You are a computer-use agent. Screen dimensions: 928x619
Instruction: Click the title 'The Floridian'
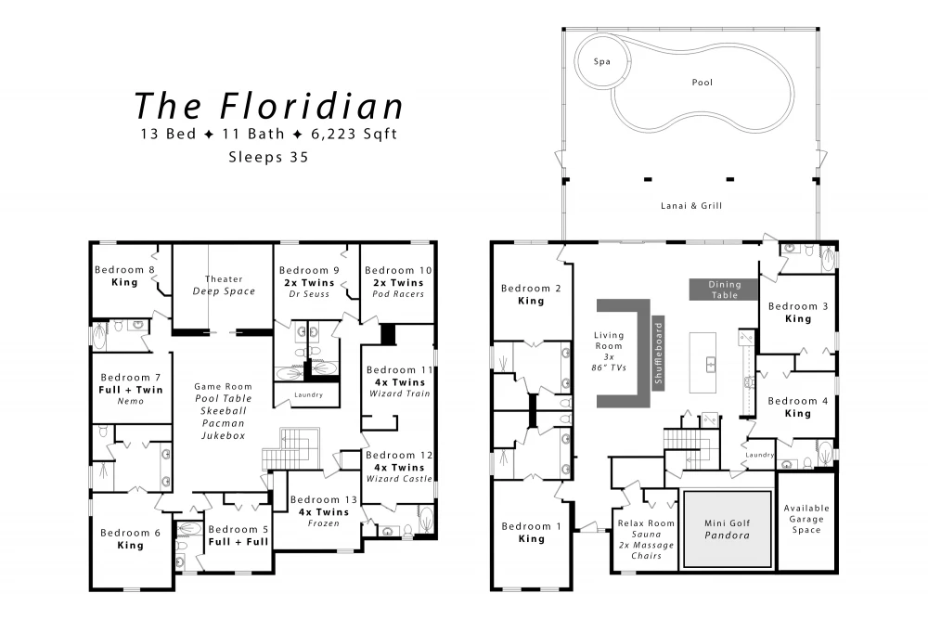(x=269, y=106)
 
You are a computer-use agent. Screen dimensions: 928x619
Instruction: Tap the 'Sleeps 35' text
(x=269, y=158)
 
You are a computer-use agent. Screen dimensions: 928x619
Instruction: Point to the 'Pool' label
(x=702, y=83)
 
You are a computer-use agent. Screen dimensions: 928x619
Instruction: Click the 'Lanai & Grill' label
(x=691, y=206)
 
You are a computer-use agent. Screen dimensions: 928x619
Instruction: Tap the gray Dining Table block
(x=724, y=290)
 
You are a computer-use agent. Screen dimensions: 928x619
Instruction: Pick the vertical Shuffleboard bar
(x=658, y=354)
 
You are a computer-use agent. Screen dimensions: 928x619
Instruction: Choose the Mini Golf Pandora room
(x=728, y=529)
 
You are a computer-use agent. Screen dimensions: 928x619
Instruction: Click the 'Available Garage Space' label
(x=806, y=519)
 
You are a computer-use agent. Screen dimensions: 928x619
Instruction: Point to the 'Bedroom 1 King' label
(x=531, y=533)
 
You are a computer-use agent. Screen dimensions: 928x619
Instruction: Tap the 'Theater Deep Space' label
(x=224, y=285)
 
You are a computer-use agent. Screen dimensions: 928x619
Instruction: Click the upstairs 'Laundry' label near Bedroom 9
(x=308, y=394)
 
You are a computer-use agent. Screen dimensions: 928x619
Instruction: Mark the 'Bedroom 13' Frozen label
(x=324, y=511)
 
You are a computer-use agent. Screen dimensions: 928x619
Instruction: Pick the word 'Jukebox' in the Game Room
(x=223, y=435)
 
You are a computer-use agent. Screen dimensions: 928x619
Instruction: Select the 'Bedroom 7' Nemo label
(x=130, y=389)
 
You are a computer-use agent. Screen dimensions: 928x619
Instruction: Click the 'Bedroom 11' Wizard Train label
(x=399, y=381)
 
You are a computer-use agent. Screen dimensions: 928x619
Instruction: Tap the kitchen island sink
(x=711, y=365)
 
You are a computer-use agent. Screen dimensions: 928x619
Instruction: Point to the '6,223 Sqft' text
(x=354, y=135)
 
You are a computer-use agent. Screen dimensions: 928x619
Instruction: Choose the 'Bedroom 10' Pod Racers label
(x=398, y=282)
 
